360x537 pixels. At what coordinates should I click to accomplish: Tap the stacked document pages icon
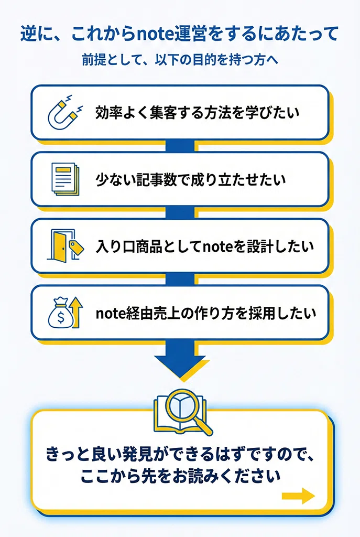click(66, 179)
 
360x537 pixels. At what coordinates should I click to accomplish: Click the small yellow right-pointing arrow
click(298, 496)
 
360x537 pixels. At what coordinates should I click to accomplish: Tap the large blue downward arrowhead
click(181, 367)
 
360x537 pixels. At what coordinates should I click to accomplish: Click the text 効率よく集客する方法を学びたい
click(198, 113)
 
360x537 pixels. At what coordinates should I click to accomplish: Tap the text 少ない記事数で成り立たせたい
click(191, 179)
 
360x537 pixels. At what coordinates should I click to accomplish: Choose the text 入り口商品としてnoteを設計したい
click(205, 246)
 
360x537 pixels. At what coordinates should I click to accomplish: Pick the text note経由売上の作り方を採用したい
click(205, 313)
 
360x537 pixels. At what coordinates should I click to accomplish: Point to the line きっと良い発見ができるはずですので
click(180, 454)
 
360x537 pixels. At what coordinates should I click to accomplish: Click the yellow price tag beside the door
click(77, 248)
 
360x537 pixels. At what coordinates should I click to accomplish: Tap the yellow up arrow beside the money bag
click(77, 313)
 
